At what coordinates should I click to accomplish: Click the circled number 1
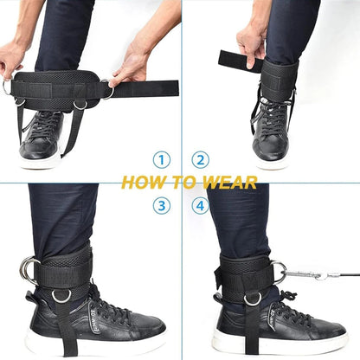pyautogui.click(x=161, y=159)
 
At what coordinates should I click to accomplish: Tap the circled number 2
pyautogui.click(x=200, y=159)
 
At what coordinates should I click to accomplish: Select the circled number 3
pyautogui.click(x=161, y=206)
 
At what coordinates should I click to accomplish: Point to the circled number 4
pyautogui.click(x=200, y=206)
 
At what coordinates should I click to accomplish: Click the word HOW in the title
pyautogui.click(x=141, y=183)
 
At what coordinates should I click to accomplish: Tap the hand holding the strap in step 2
pyautogui.click(x=254, y=42)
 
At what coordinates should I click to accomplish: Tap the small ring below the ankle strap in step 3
pyautogui.click(x=61, y=296)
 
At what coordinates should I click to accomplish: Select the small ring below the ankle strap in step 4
pyautogui.click(x=252, y=299)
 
